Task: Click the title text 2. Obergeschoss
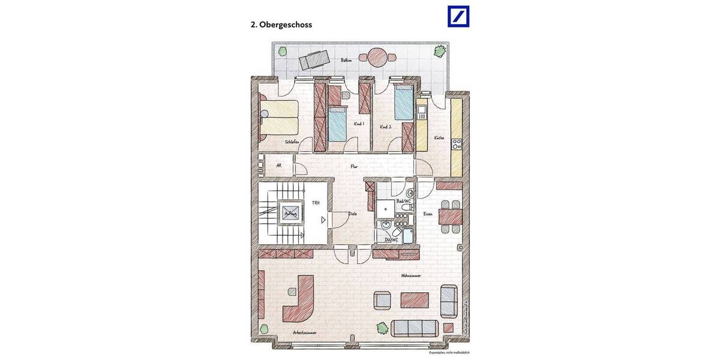[x=281, y=25]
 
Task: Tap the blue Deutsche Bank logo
[x=458, y=16]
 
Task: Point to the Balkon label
[x=346, y=61]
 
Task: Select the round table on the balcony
[x=378, y=57]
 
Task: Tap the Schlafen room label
[x=292, y=142]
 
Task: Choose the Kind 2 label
[x=385, y=127]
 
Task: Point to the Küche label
[x=439, y=138]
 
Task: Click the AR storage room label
[x=278, y=166]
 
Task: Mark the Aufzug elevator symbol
[x=287, y=213]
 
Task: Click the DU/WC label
[x=391, y=240]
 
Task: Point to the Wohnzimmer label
[x=411, y=275]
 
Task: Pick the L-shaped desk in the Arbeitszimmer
[x=299, y=298]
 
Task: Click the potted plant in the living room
[x=382, y=328]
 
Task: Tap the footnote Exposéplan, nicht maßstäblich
[x=449, y=353]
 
